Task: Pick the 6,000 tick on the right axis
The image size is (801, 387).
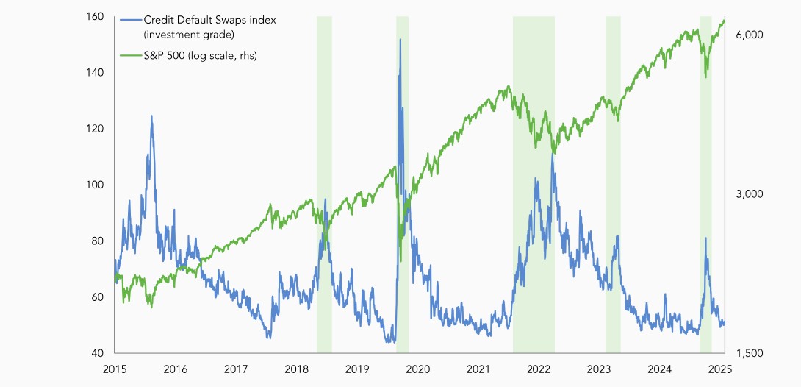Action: click(750, 35)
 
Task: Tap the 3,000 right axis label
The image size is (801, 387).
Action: click(750, 194)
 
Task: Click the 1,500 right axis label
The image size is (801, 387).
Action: click(750, 353)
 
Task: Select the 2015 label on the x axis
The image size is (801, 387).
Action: click(114, 369)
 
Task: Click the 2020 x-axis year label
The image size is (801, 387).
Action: click(417, 369)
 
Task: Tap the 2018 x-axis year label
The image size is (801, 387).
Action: click(296, 369)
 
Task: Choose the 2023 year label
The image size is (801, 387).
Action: click(600, 369)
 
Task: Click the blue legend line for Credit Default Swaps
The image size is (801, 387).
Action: click(130, 21)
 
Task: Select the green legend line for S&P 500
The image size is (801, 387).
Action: click(130, 55)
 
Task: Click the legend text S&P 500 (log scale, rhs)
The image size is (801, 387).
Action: click(200, 55)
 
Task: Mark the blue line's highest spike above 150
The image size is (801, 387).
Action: click(400, 40)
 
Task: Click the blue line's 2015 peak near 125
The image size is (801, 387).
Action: click(151, 116)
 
